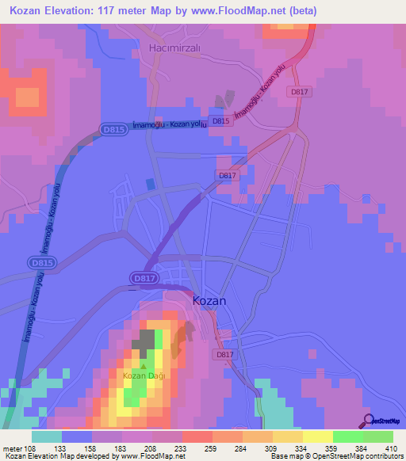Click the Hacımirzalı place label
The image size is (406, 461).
point(176,48)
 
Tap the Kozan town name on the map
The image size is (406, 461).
point(209,301)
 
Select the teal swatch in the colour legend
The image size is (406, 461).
point(47,436)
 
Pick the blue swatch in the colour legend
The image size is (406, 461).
point(77,436)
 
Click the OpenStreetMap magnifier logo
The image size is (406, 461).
point(368,421)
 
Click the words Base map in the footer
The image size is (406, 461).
point(285,456)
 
